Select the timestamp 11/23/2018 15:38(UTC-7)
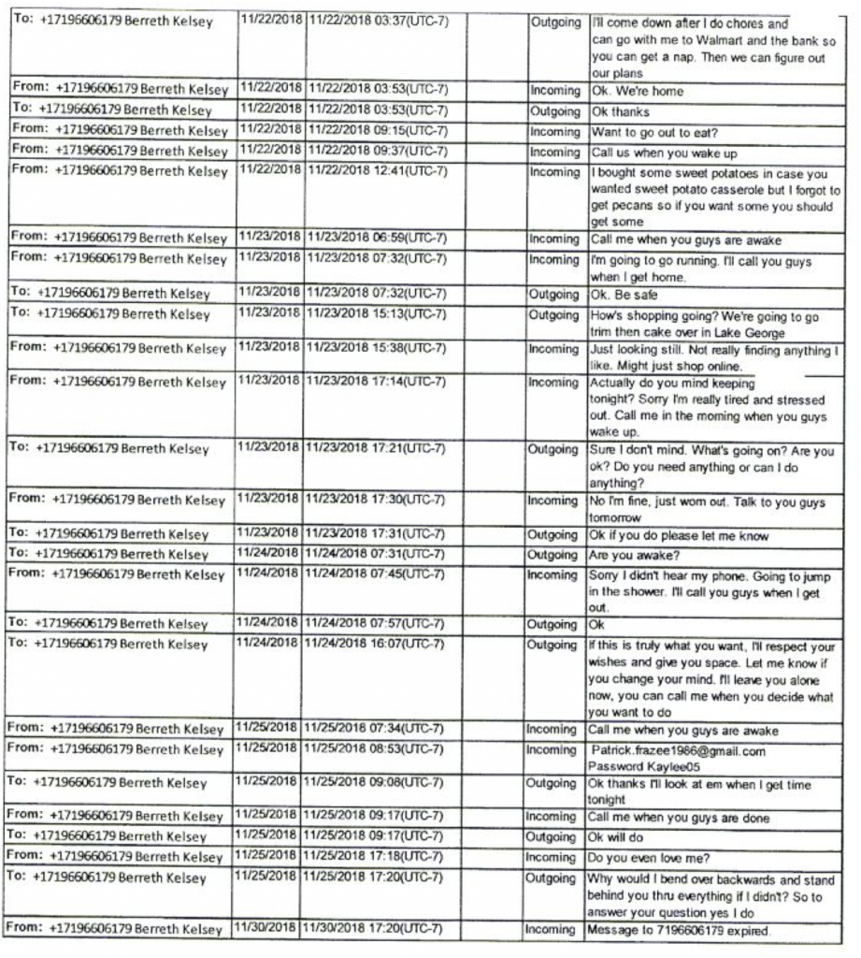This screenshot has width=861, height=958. (378, 347)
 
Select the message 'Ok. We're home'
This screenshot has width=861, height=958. (636, 92)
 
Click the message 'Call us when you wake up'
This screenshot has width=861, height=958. (655, 152)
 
